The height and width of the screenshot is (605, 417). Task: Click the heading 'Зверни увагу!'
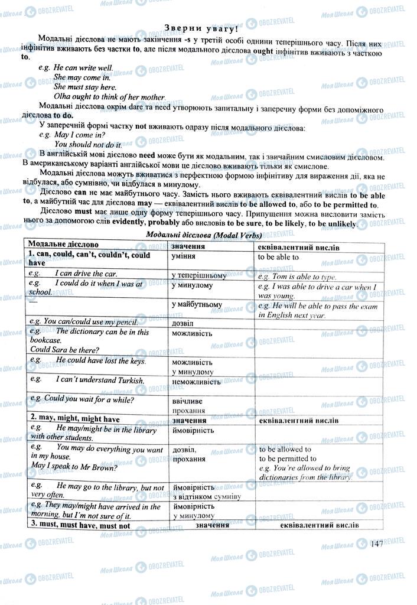pos(201,27)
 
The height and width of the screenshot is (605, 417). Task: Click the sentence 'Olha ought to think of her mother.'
pos(110,97)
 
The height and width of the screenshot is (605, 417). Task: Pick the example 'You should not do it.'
pos(88,144)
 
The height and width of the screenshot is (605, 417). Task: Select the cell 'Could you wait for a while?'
pos(81,399)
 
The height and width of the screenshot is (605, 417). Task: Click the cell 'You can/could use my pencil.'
pos(83,322)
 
